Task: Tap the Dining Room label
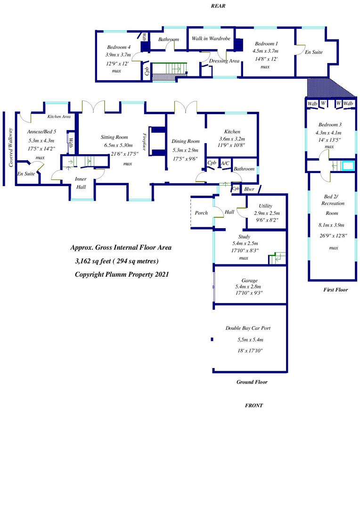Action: click(x=186, y=141)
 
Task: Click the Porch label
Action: click(x=201, y=213)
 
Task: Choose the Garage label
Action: click(x=249, y=280)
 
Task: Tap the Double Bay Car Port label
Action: click(x=248, y=328)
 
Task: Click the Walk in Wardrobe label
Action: click(x=211, y=39)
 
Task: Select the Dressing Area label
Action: click(x=224, y=61)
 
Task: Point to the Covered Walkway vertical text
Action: click(x=10, y=148)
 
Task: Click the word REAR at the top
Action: click(x=219, y=6)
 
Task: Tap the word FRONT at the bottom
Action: click(x=254, y=405)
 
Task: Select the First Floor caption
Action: click(x=335, y=290)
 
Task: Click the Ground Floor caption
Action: click(x=252, y=382)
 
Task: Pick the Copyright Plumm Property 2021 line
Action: click(x=122, y=274)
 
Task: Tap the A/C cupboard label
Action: click(x=225, y=164)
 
